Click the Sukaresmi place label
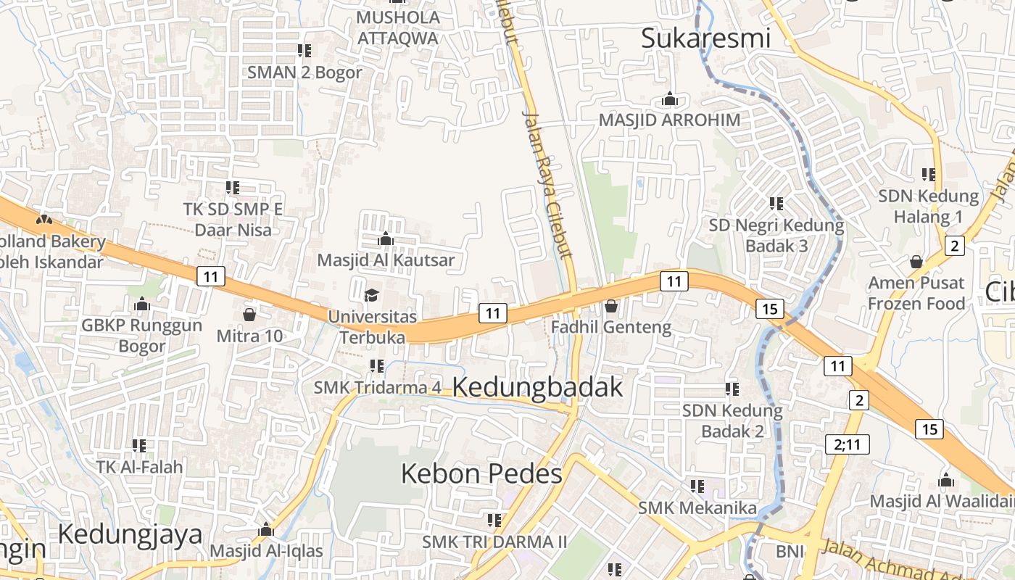(x=705, y=38)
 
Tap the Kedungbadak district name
(x=537, y=387)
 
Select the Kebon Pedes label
(x=481, y=474)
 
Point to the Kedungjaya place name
(x=130, y=534)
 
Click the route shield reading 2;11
(x=847, y=444)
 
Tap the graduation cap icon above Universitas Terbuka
(x=372, y=295)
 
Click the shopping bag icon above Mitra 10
(x=249, y=315)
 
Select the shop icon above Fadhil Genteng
(x=610, y=306)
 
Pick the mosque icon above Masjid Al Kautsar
(x=386, y=239)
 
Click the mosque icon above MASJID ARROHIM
(x=670, y=99)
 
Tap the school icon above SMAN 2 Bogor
(x=304, y=51)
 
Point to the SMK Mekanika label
(x=697, y=507)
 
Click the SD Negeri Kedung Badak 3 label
(x=776, y=236)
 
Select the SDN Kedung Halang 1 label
(x=928, y=207)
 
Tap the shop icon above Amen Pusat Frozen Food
(x=916, y=262)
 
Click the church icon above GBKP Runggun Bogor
(x=142, y=304)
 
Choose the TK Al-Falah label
(x=140, y=467)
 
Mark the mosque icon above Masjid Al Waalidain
(x=945, y=481)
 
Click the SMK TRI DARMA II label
(x=494, y=542)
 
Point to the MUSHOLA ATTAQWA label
(x=398, y=28)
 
